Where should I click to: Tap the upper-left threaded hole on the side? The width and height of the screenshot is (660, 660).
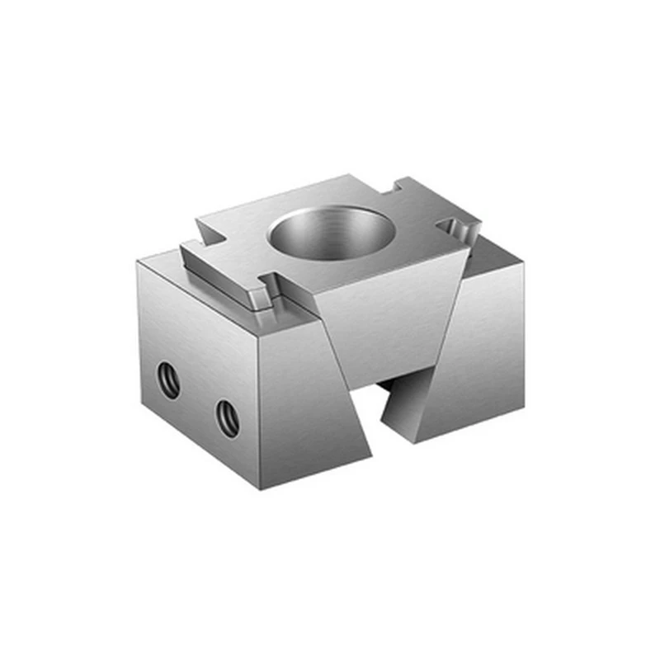pyautogui.click(x=169, y=382)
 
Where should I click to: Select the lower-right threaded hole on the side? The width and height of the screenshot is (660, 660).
pyautogui.click(x=228, y=418)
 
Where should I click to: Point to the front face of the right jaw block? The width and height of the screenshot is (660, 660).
pyautogui.click(x=470, y=363)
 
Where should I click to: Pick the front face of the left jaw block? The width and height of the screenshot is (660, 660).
pyautogui.click(x=309, y=404)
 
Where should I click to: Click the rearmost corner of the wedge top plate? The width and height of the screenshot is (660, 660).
pyautogui.click(x=351, y=175)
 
